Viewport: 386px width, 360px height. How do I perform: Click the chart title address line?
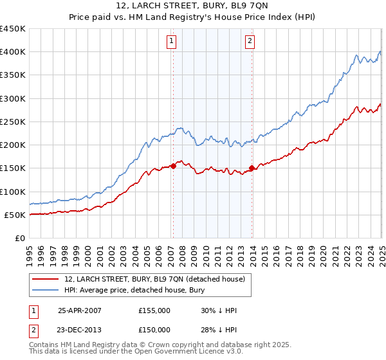(193, 6)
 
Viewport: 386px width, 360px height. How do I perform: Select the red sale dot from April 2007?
(173, 166)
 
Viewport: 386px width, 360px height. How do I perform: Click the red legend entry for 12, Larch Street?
(154, 279)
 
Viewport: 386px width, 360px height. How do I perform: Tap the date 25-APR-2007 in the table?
(80, 310)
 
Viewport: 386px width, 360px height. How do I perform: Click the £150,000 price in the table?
(154, 330)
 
